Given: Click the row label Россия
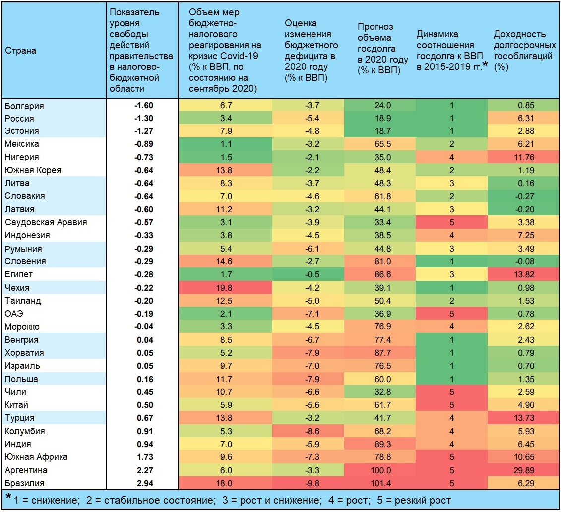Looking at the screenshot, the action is click(x=19, y=119).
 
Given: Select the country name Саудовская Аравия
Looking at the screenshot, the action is click(x=46, y=222).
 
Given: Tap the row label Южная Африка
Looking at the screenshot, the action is click(x=36, y=457).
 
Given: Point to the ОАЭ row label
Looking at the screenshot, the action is click(x=14, y=314).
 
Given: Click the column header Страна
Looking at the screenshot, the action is click(x=20, y=51).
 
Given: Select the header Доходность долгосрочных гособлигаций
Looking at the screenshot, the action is click(x=524, y=51).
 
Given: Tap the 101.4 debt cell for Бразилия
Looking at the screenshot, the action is click(x=380, y=483).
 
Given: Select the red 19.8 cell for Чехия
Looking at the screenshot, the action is click(x=224, y=288).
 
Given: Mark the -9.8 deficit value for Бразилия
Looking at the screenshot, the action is click(x=312, y=483).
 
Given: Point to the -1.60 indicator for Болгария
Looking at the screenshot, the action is click(x=144, y=106).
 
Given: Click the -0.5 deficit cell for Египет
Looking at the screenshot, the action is click(x=312, y=274).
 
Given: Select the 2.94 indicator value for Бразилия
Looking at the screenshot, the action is click(x=145, y=483).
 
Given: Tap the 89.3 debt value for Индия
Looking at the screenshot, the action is click(x=382, y=444).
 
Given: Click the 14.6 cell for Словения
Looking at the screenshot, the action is click(x=224, y=261).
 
